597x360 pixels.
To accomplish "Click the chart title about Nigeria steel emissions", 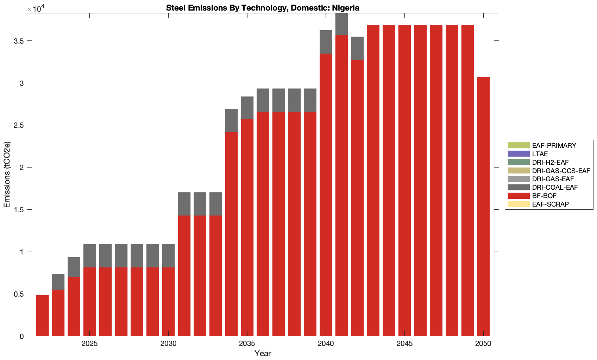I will [263, 8].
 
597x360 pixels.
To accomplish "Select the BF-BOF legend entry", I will [544, 196].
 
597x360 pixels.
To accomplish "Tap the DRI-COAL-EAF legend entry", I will [554, 188].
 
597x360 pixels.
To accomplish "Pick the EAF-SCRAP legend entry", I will [550, 204].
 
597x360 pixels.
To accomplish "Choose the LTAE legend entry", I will [540, 154].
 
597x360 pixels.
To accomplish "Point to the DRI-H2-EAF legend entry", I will [550, 163].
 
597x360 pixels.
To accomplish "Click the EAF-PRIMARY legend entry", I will [554, 146].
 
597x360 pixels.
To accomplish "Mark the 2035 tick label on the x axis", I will [247, 344].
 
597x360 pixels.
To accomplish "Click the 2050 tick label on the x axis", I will [483, 344].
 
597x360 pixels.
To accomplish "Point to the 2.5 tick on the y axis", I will [19, 125].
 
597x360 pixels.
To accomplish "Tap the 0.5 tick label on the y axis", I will [19, 294].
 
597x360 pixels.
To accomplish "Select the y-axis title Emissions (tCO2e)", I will [7, 175].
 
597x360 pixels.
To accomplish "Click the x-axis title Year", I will [263, 354].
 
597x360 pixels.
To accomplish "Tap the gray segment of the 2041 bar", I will [341, 24].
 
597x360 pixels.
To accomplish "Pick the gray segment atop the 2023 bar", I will [58, 282].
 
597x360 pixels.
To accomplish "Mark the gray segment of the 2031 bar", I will [184, 204].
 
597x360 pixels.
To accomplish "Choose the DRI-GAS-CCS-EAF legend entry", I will [561, 171].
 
